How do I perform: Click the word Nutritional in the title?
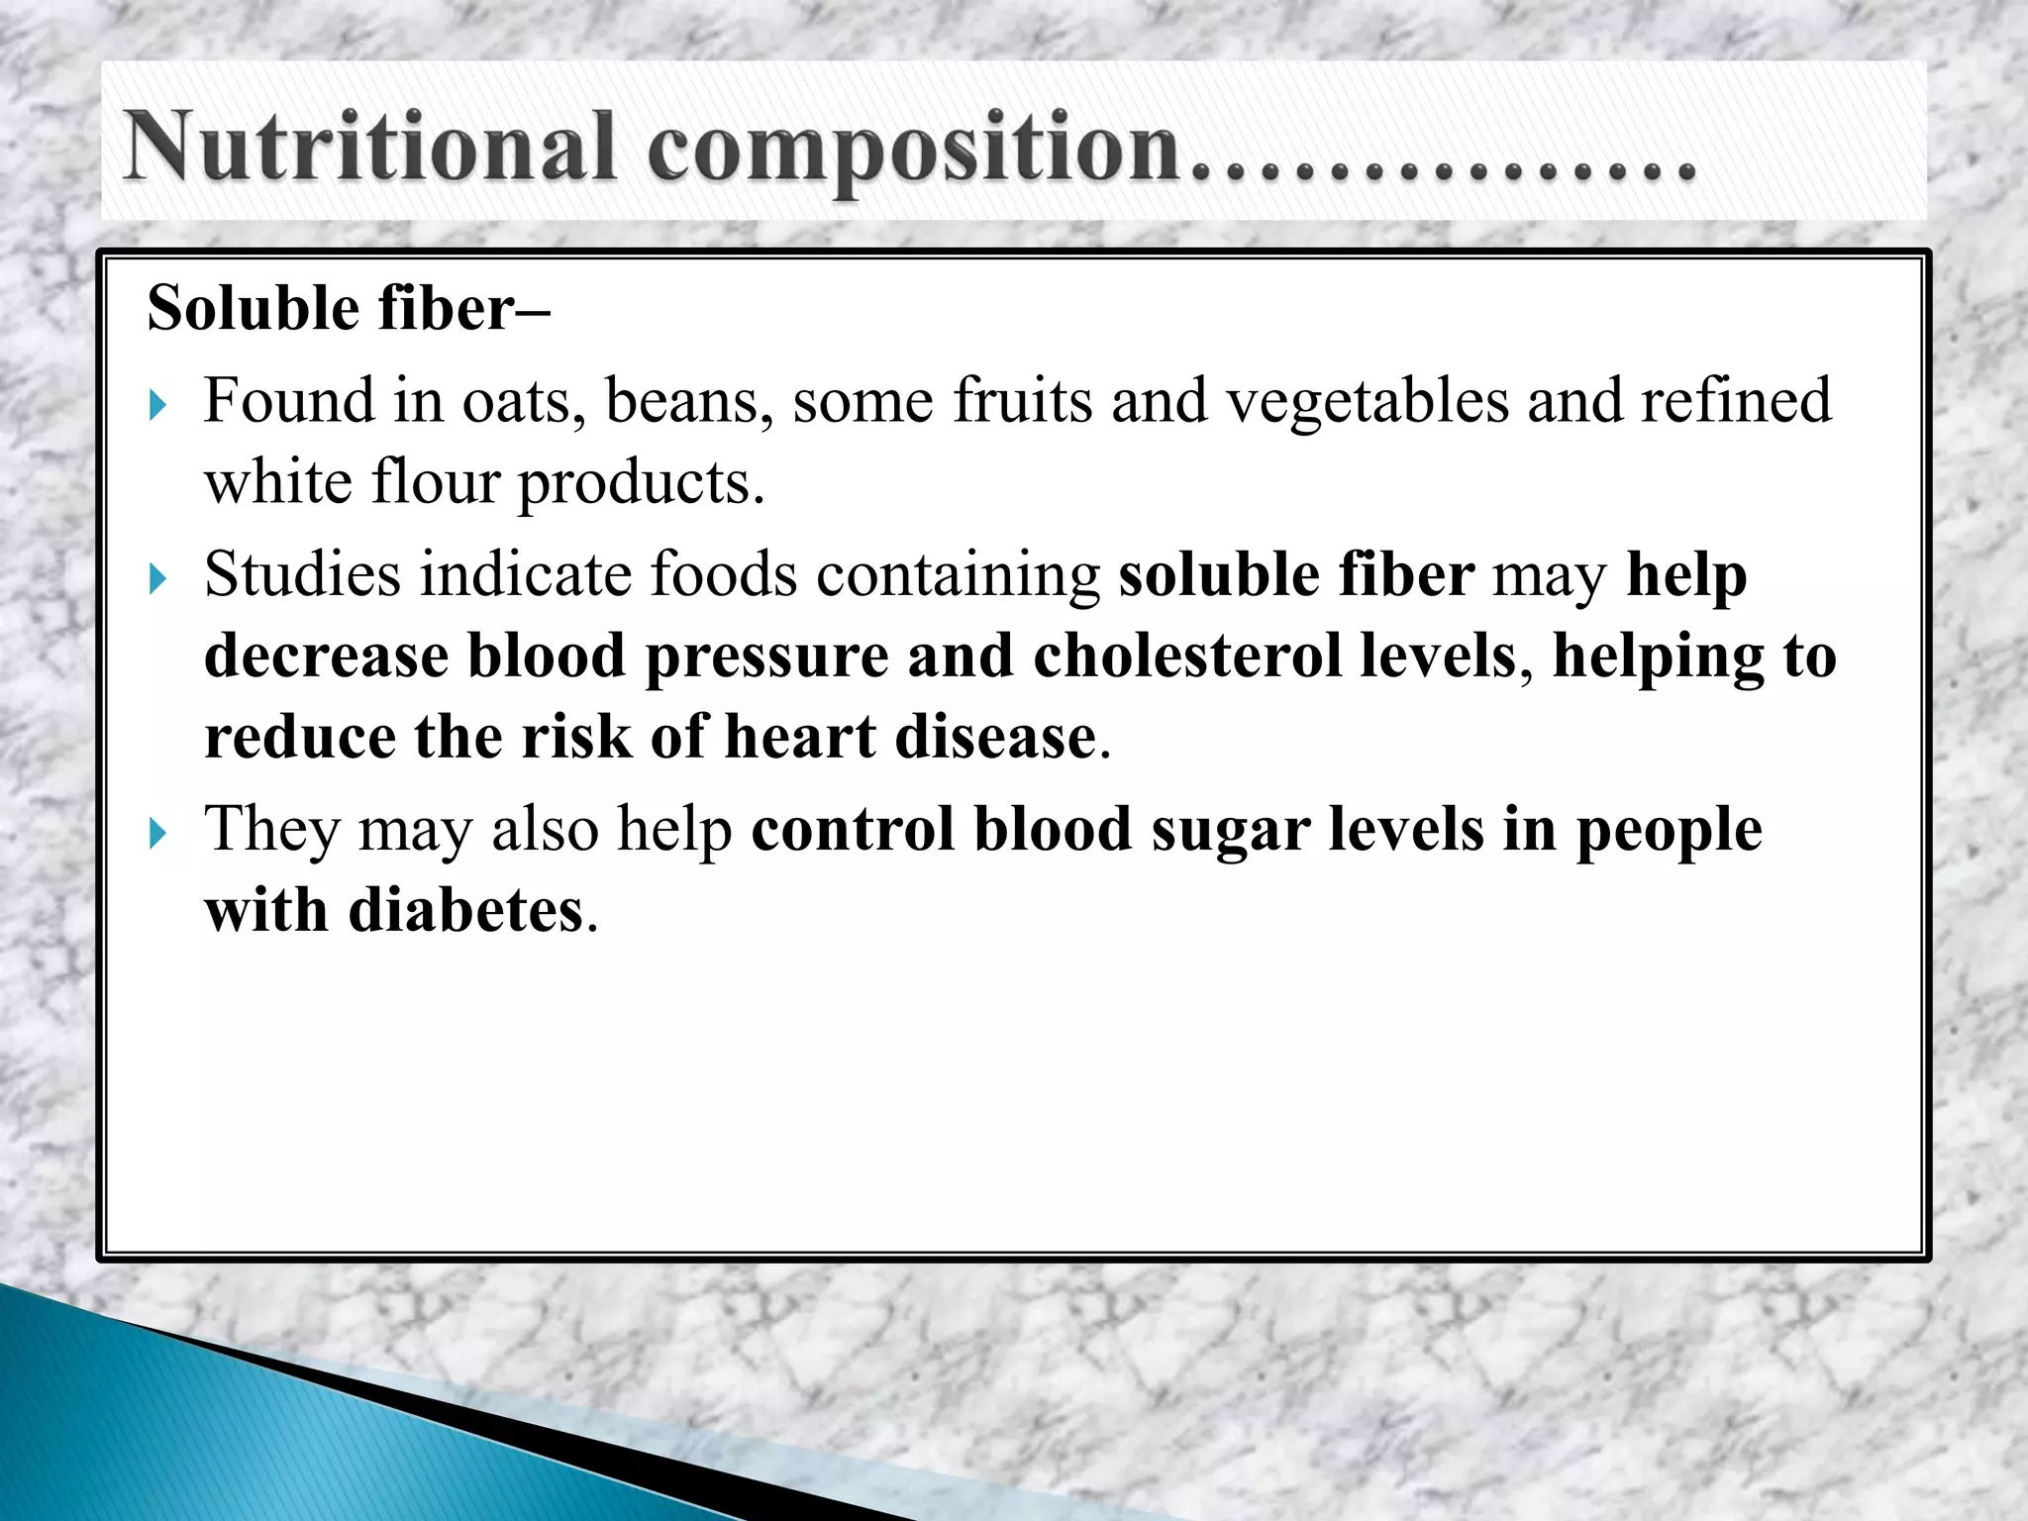click(369, 147)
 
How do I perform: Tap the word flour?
click(436, 483)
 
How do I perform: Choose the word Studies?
click(302, 574)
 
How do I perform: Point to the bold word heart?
click(800, 738)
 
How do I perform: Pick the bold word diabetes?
click(465, 911)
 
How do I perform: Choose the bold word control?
click(853, 830)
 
